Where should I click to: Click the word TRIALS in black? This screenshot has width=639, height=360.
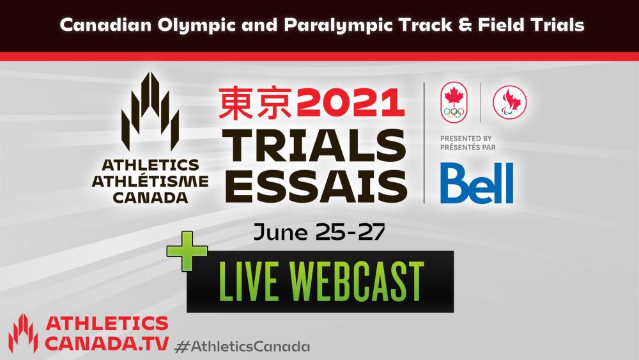314,146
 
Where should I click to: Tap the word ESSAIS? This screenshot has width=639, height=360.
316,186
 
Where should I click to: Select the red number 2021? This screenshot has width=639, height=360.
350,103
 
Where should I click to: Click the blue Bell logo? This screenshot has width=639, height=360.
477,183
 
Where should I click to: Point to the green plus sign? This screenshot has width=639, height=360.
187,251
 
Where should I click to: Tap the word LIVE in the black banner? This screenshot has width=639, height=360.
248,281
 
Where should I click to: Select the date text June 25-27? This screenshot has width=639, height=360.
319,232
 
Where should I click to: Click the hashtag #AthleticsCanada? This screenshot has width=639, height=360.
242,347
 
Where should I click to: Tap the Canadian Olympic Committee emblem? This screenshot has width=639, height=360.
454,102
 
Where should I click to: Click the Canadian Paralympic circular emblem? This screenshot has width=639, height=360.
509,102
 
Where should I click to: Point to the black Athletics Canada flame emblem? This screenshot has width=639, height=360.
150,111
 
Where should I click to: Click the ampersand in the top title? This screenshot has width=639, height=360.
465,26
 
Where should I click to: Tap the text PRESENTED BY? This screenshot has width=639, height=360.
466,139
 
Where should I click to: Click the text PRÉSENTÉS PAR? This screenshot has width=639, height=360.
468,147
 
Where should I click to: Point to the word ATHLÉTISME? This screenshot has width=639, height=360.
150,182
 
